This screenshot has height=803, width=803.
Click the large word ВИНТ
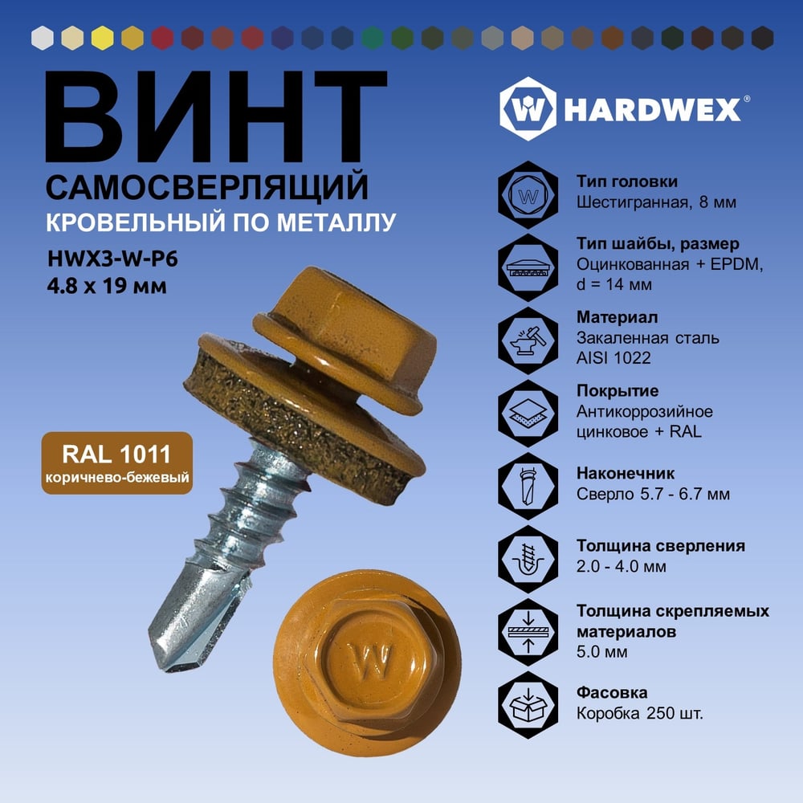[x=216, y=116]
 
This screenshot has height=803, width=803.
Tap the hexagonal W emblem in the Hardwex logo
[x=528, y=109]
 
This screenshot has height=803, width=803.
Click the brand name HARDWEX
[x=652, y=109]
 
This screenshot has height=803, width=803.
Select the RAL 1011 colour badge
[x=117, y=463]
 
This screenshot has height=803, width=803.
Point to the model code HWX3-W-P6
[x=112, y=259]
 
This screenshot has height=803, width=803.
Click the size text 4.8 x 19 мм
[x=107, y=286]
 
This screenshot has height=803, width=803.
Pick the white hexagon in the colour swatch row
[x=42, y=38]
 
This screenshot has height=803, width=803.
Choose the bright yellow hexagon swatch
[x=103, y=38]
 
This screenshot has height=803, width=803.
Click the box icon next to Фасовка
[x=528, y=705]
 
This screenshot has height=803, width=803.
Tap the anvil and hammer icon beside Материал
[x=528, y=340]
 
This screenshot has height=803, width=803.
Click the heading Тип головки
[x=627, y=181]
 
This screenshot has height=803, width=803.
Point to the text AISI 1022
[x=613, y=357]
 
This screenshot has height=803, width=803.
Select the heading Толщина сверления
[x=661, y=546]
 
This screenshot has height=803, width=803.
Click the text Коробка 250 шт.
[x=640, y=713]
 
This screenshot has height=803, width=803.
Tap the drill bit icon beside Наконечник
[x=528, y=486]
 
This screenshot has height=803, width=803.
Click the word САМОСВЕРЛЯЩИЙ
[x=207, y=187]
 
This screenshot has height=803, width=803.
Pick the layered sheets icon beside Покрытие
[x=528, y=413]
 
